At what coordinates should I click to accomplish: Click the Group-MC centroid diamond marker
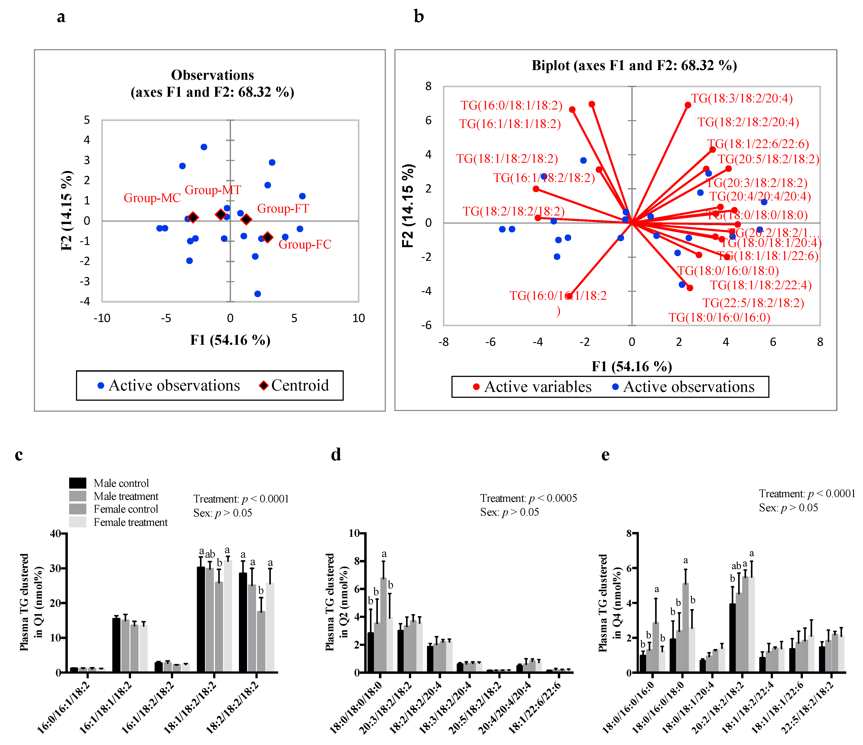[193, 217]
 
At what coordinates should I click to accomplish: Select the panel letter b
[419, 17]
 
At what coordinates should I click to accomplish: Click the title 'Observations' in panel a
[213, 75]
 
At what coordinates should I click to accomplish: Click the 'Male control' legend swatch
[78, 483]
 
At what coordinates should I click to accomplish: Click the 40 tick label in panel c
[55, 533]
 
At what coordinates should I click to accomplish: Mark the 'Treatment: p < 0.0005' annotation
[528, 498]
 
